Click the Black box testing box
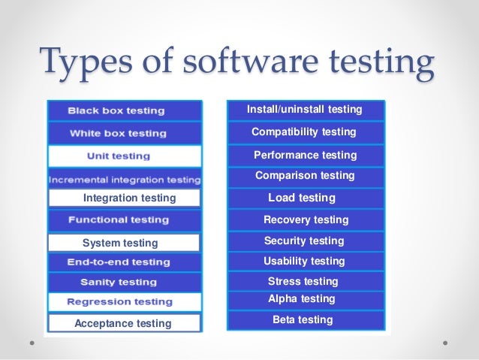124,110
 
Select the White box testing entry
124,134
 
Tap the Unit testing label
124,156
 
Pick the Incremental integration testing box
124,180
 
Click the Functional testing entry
124,220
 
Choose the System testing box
124,243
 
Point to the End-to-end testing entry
124,262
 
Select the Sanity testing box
124,283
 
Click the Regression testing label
124,302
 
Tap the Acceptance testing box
124,324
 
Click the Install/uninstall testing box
305,110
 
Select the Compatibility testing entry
305,132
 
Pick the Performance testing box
305,155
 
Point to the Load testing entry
305,198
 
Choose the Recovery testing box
305,219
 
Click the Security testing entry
305,241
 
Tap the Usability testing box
305,261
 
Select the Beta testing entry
305,319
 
